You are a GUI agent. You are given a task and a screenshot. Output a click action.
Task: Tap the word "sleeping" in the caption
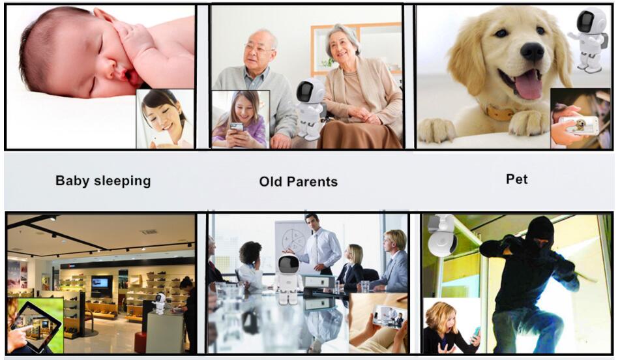point(123,181)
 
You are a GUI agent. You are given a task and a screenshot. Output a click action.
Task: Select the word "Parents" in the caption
point(312,182)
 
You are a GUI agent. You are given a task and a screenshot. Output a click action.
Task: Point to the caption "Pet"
point(517,179)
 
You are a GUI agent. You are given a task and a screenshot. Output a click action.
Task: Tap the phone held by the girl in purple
point(237,127)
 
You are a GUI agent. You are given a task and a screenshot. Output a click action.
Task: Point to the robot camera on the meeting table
point(288,280)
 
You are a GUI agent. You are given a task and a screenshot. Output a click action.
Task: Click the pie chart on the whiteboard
point(292,240)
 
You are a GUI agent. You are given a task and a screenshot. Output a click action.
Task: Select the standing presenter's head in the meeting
point(312,222)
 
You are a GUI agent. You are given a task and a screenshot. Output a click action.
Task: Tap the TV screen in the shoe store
point(100,282)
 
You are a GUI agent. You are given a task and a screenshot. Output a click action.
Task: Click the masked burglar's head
point(541,233)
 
